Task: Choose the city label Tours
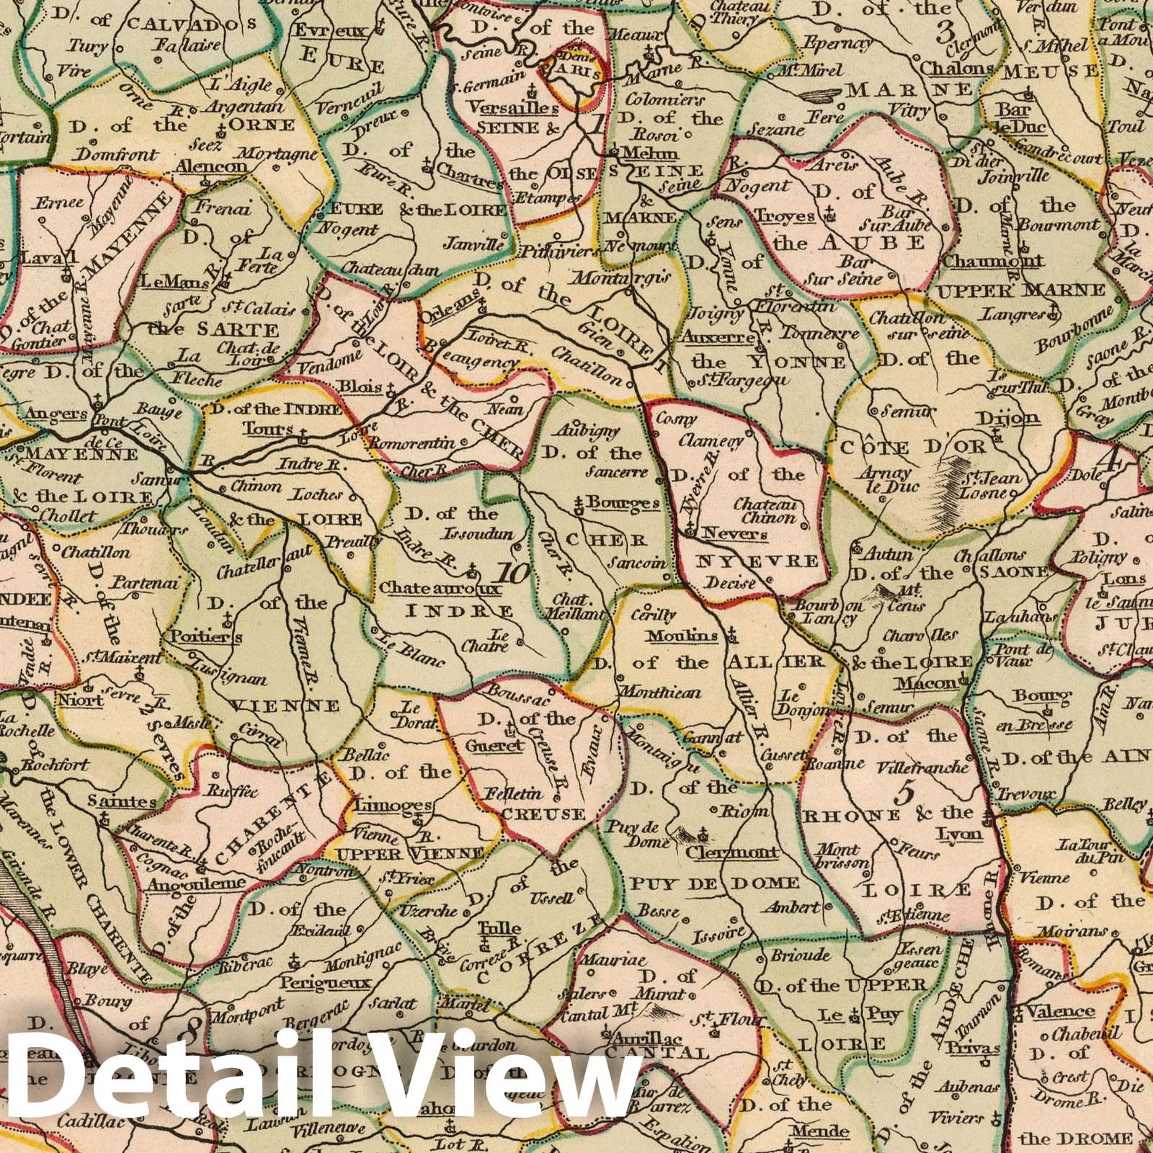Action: [268, 429]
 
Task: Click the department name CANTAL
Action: [666, 1053]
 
